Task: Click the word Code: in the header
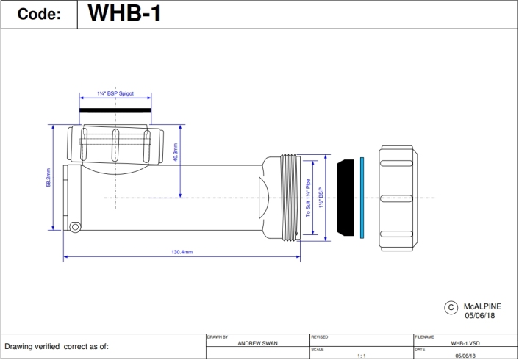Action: [x=39, y=15]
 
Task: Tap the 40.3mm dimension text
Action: [x=175, y=153]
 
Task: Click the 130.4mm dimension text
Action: [x=182, y=252]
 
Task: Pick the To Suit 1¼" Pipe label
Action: [x=309, y=198]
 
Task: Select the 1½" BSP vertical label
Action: [x=321, y=198]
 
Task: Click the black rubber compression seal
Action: [x=345, y=198]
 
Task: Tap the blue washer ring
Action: [x=362, y=197]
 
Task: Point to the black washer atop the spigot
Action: [x=115, y=111]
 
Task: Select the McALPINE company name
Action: [x=482, y=303]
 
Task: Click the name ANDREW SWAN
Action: [x=257, y=343]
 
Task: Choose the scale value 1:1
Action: [x=361, y=356]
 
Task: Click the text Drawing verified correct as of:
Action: [x=57, y=346]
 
